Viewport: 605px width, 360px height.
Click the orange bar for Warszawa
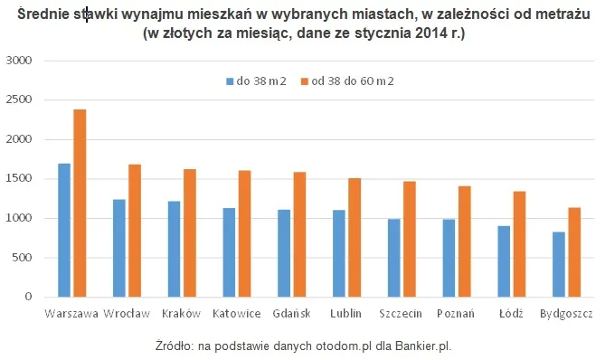80,204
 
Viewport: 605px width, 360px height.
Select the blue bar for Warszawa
63,231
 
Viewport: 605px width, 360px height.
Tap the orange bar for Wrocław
135,231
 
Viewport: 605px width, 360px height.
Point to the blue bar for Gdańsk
284,253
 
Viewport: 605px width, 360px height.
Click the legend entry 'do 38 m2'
256,81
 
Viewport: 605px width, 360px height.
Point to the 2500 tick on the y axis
20,100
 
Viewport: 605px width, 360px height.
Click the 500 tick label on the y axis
23,258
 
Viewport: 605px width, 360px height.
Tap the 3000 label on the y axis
20,61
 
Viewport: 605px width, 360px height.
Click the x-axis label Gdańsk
292,313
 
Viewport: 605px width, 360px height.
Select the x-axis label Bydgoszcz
566,313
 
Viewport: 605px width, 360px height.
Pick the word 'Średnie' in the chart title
42,15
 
